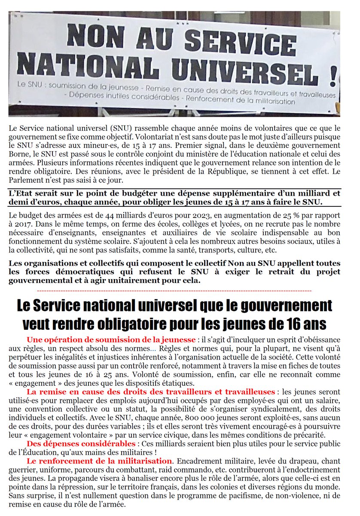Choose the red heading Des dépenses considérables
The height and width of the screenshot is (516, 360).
[x=80, y=444]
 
